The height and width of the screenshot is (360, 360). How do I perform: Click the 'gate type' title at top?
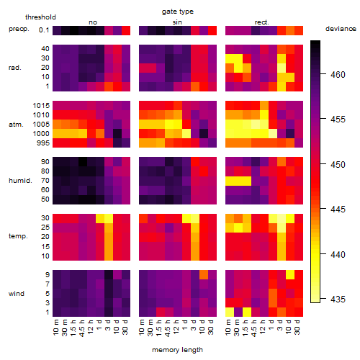[x=178, y=12]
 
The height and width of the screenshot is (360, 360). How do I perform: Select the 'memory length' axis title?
[x=177, y=350]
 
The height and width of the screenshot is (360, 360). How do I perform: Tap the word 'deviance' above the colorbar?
[x=341, y=29]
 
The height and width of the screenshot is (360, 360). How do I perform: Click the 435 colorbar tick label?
[x=338, y=300]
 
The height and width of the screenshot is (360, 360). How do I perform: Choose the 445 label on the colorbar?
[x=338, y=210]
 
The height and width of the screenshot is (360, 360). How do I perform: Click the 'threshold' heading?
[x=40, y=17]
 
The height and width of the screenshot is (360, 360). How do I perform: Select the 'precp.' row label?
[x=19, y=29]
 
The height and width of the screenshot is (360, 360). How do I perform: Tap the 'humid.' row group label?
[x=20, y=181]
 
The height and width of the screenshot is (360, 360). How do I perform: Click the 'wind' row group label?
[x=17, y=294]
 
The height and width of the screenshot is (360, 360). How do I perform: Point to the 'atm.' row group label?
[x=16, y=125]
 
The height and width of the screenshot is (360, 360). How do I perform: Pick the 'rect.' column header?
[x=262, y=22]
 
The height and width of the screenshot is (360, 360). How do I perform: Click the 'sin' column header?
[x=177, y=22]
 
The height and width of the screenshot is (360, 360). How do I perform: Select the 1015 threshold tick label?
[x=41, y=106]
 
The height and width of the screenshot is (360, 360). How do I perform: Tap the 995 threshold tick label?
[x=43, y=143]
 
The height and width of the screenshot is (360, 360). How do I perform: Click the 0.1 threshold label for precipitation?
[x=44, y=30]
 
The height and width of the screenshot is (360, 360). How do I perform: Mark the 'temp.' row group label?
[x=18, y=236]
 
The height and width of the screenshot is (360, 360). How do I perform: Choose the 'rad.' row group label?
[x=15, y=68]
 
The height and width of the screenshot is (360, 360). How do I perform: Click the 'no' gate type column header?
[x=93, y=22]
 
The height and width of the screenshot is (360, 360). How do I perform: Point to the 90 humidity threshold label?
[x=45, y=162]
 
